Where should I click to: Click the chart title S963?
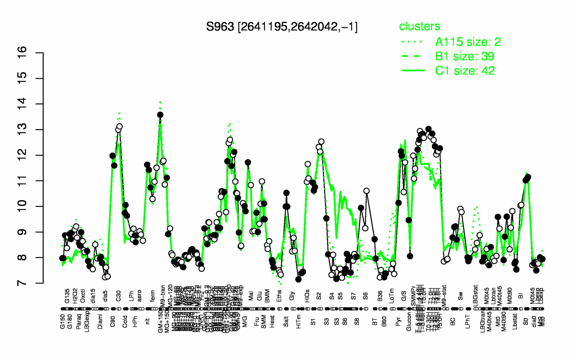[x=282, y=27]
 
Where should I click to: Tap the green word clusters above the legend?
[x=420, y=27]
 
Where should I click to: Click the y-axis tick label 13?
[x=36, y=130]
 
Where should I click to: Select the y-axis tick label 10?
[x=36, y=206]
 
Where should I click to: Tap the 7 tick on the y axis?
[x=36, y=283]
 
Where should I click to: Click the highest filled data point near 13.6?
[x=160, y=115]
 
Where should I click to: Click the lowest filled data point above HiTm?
[x=298, y=279]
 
